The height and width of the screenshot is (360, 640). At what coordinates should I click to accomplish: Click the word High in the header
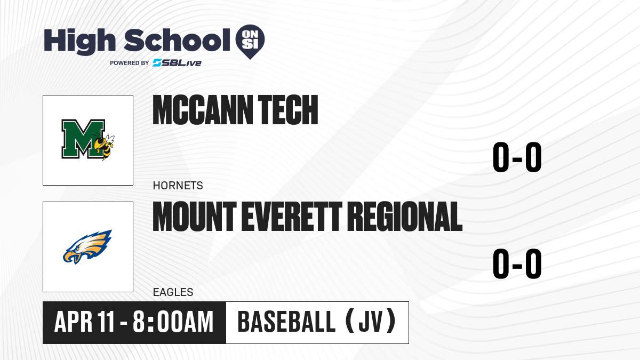[x=79, y=41]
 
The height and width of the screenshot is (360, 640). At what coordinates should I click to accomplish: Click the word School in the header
[x=177, y=40]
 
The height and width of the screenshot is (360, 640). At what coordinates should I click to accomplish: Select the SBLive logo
[x=177, y=63]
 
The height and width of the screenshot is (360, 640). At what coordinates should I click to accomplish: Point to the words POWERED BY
[x=130, y=63]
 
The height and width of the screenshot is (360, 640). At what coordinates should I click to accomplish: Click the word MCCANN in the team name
[x=203, y=110]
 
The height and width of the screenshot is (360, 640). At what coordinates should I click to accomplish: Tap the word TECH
[x=288, y=110]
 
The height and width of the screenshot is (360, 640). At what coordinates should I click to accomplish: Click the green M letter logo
[x=82, y=139]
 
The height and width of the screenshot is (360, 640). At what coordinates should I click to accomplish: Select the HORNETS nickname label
[x=178, y=186]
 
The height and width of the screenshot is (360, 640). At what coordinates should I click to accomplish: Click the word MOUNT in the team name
[x=195, y=217]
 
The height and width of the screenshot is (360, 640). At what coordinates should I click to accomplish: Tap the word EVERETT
[x=292, y=217]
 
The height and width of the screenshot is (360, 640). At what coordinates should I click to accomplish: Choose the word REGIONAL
[x=405, y=217]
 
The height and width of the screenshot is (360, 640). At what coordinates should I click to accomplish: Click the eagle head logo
[x=87, y=247]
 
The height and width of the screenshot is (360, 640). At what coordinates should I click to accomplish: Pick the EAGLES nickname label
[x=173, y=292]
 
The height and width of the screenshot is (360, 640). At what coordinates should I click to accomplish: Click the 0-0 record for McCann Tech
[x=517, y=157]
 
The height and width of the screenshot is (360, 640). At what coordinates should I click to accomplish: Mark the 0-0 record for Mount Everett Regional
[x=517, y=263]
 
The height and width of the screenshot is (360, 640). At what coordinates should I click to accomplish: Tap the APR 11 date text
[x=85, y=322]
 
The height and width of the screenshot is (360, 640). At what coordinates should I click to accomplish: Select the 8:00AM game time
[x=173, y=322]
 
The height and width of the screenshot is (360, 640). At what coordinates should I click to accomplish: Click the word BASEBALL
[x=286, y=322]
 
